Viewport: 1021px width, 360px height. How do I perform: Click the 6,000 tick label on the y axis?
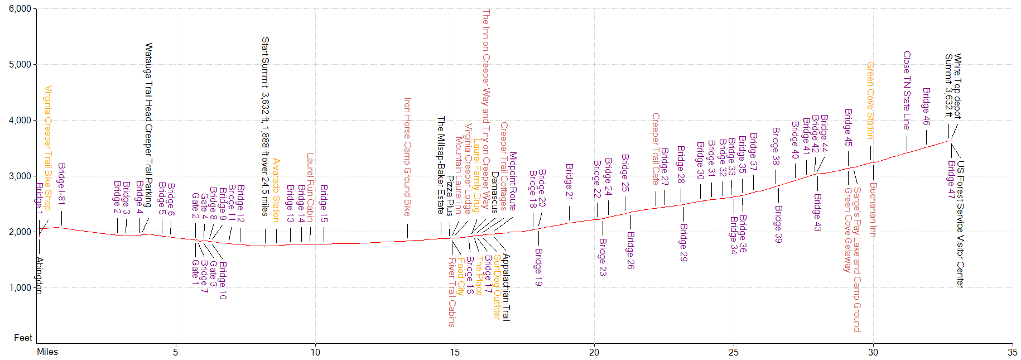pyautogui.click(x=20, y=9)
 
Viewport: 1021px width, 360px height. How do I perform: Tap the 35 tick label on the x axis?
pyautogui.click(x=1012, y=352)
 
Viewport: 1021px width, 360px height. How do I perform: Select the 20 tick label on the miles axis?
pyautogui.click(x=594, y=352)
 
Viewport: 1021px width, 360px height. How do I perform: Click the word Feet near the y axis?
pyautogui.click(x=23, y=338)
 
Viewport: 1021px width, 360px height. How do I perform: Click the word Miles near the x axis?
pyautogui.click(x=47, y=352)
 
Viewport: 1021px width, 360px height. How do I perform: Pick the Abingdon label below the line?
pyautogui.click(x=39, y=275)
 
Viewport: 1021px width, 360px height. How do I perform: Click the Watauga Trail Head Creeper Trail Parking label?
pyautogui.click(x=148, y=125)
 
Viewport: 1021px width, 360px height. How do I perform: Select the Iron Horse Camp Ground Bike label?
pyautogui.click(x=407, y=157)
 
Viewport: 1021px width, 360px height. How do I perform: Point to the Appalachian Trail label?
pyautogui.click(x=506, y=287)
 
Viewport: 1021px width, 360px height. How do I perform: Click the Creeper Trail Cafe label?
pyautogui.click(x=656, y=149)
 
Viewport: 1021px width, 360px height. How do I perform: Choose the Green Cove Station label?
pyautogui.click(x=870, y=100)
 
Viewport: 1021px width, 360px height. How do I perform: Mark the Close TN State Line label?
pyautogui.click(x=907, y=90)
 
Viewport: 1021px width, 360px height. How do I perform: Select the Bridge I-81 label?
pyautogui.click(x=61, y=184)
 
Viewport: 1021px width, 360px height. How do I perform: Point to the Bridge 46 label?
pyautogui.click(x=926, y=106)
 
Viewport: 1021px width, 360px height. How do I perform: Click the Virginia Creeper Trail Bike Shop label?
pyautogui.click(x=48, y=148)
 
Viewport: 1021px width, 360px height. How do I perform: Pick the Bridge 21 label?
pyautogui.click(x=569, y=181)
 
